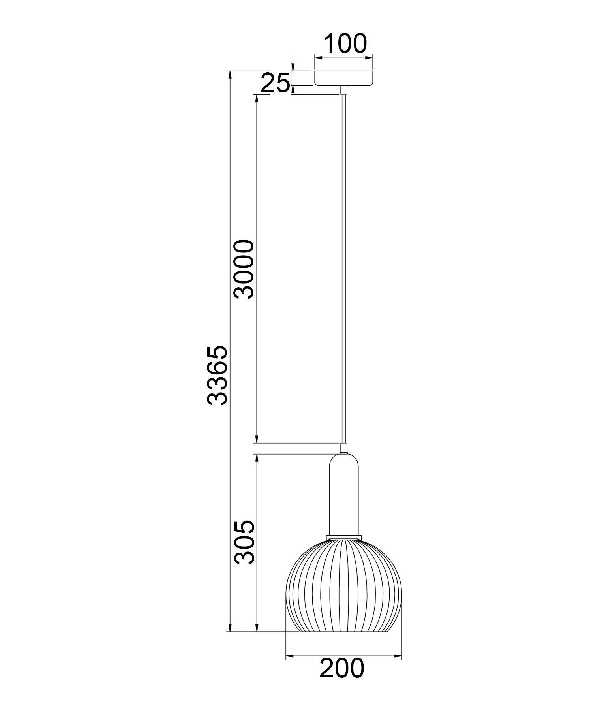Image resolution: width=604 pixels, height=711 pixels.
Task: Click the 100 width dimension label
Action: tap(345, 43)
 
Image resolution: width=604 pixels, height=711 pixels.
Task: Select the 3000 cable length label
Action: tap(244, 269)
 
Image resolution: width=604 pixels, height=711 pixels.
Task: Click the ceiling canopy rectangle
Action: tap(344, 78)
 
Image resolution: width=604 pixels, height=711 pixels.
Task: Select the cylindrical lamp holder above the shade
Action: tap(344, 496)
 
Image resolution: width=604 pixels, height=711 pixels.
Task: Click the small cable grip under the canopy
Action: tap(344, 90)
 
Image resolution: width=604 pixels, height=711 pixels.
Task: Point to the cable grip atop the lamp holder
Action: tap(344, 448)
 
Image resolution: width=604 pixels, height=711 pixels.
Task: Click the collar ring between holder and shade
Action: tap(344, 537)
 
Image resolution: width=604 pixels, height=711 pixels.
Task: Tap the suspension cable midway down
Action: tap(344, 269)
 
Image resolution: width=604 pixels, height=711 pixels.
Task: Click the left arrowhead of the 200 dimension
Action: tap(289, 656)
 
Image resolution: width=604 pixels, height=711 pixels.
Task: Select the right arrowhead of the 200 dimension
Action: tap(398, 656)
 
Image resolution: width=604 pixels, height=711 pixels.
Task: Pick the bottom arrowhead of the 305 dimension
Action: tap(257, 640)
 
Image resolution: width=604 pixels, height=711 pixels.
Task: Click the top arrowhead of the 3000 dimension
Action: tap(257, 98)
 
